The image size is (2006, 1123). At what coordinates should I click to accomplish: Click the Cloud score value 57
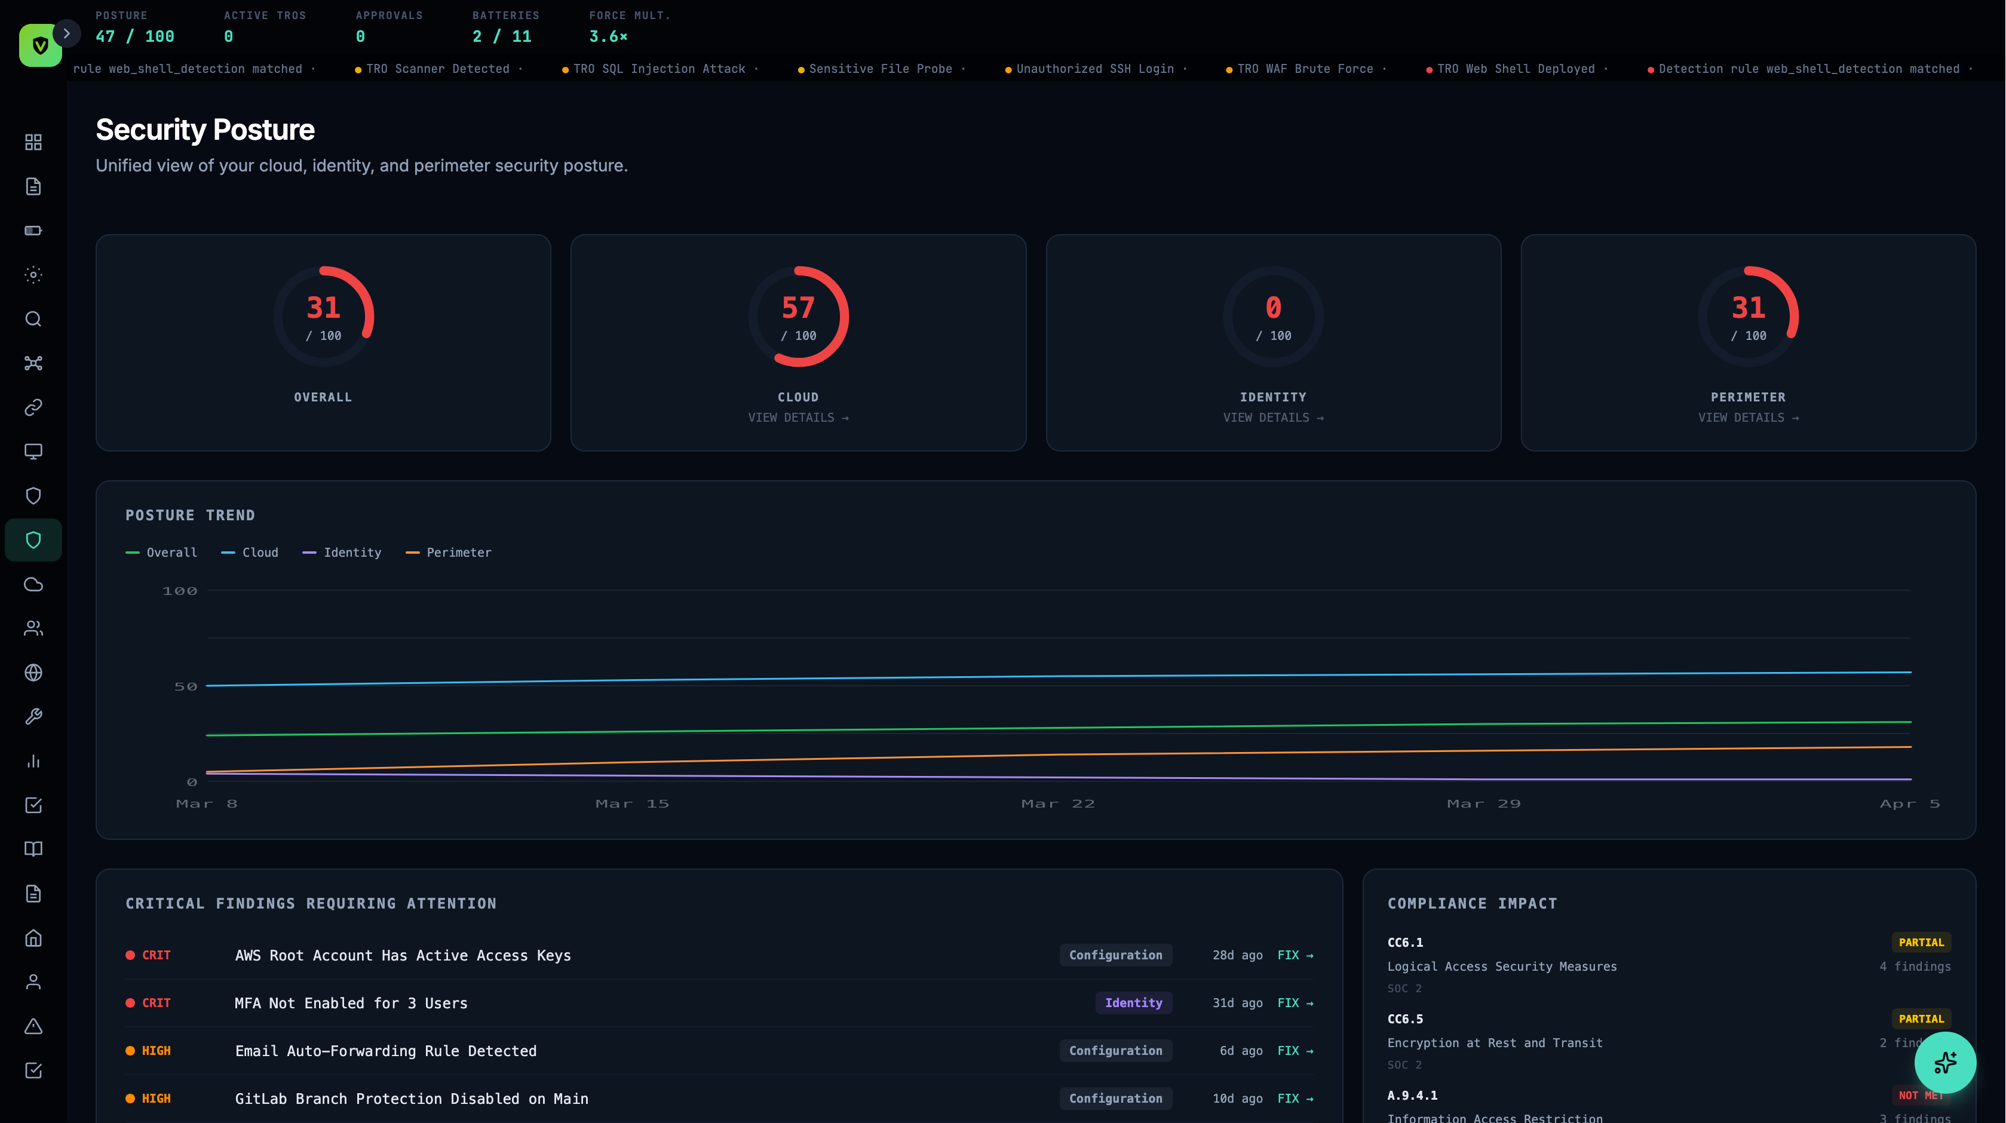798,308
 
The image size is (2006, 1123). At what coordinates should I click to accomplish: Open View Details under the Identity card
1272,418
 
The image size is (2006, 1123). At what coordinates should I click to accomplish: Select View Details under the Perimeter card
1747,418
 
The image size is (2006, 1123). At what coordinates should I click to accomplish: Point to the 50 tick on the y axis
185,686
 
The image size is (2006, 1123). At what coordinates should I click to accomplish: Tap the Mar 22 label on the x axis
1057,803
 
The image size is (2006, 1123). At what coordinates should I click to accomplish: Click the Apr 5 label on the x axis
1909,803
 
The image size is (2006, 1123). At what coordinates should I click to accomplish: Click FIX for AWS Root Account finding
1295,955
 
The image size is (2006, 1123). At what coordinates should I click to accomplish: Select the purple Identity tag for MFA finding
1133,1003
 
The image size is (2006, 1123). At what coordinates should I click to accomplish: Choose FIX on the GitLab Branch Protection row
1295,1098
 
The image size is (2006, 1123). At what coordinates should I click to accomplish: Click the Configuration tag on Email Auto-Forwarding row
1115,1051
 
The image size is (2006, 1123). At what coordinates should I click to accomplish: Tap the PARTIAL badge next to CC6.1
1921,943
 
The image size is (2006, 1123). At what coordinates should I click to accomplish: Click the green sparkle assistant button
1944,1062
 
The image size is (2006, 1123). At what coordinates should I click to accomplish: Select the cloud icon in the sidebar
33,584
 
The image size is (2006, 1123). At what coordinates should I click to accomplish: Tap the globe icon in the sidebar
33,673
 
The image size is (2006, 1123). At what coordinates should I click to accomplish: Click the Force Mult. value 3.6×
608,36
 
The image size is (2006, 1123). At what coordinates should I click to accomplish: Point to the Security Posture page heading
205,129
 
